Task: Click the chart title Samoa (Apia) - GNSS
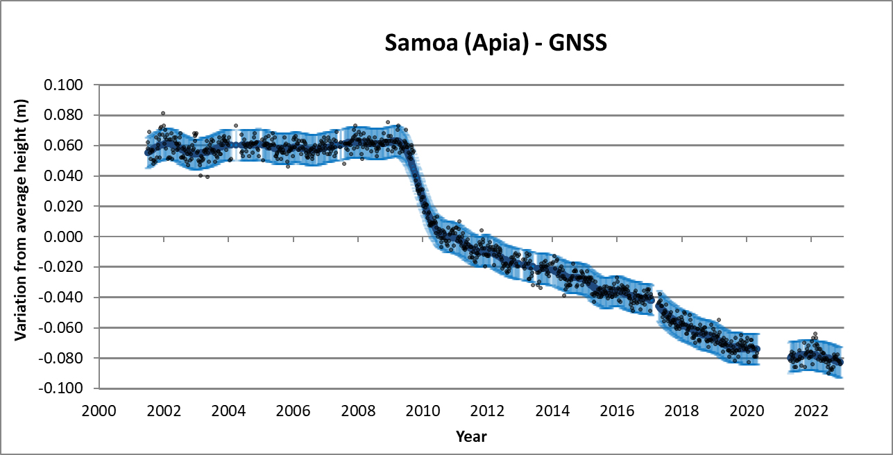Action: coord(496,44)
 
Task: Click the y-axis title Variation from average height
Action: coord(22,237)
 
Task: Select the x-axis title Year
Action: coord(471,437)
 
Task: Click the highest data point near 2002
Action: coord(163,113)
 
